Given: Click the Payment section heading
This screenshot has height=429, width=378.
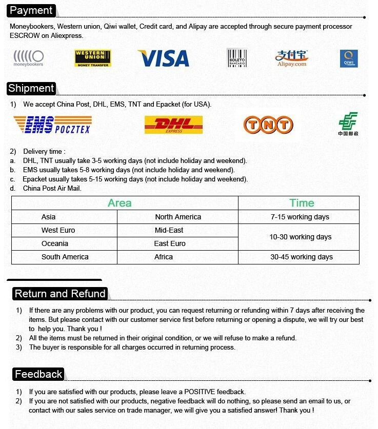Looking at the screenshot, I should click(x=31, y=10).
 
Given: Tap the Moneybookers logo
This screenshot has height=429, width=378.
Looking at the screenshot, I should click(x=28, y=58).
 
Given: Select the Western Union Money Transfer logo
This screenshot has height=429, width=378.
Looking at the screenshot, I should click(x=93, y=58).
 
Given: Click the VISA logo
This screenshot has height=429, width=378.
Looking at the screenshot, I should click(x=164, y=58).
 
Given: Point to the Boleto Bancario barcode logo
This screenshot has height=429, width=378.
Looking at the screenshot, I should click(x=236, y=58).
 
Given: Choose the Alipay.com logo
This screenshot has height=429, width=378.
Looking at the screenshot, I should click(x=291, y=58).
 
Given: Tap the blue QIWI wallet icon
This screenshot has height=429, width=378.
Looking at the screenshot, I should click(x=349, y=58).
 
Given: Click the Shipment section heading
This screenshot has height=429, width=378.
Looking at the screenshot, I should click(x=31, y=88).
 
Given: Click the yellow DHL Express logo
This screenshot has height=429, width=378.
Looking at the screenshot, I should click(x=174, y=125).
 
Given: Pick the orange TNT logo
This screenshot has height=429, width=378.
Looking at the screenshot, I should click(x=268, y=125).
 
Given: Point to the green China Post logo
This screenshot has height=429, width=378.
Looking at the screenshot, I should click(x=348, y=124).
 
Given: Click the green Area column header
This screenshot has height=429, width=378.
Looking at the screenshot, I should click(x=120, y=203).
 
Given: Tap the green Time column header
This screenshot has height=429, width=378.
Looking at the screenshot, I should click(x=302, y=203).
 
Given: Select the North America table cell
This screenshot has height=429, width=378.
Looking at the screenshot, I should click(x=178, y=217).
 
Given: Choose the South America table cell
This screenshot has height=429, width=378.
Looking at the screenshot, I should click(x=65, y=257).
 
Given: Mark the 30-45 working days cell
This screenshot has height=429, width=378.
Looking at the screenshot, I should click(x=301, y=257).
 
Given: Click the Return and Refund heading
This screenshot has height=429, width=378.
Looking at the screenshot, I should click(x=60, y=294).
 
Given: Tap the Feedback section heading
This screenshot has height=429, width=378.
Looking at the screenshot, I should click(x=38, y=374).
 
